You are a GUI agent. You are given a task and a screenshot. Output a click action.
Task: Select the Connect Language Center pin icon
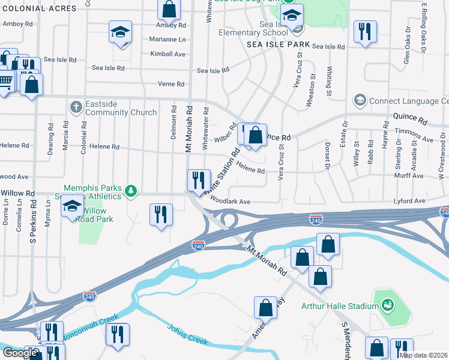pos(360,100)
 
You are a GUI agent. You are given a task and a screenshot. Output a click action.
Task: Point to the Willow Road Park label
pos(94,215)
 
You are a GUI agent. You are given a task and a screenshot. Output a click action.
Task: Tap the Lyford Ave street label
pos(409,201)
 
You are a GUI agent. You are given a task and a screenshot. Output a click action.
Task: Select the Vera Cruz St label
pos(280,161)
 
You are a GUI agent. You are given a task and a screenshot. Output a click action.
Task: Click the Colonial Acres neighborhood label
pos(38,8)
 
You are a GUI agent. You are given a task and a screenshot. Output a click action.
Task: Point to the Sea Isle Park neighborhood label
pos(278,45)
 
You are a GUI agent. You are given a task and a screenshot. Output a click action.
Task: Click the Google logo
pos(20,353)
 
